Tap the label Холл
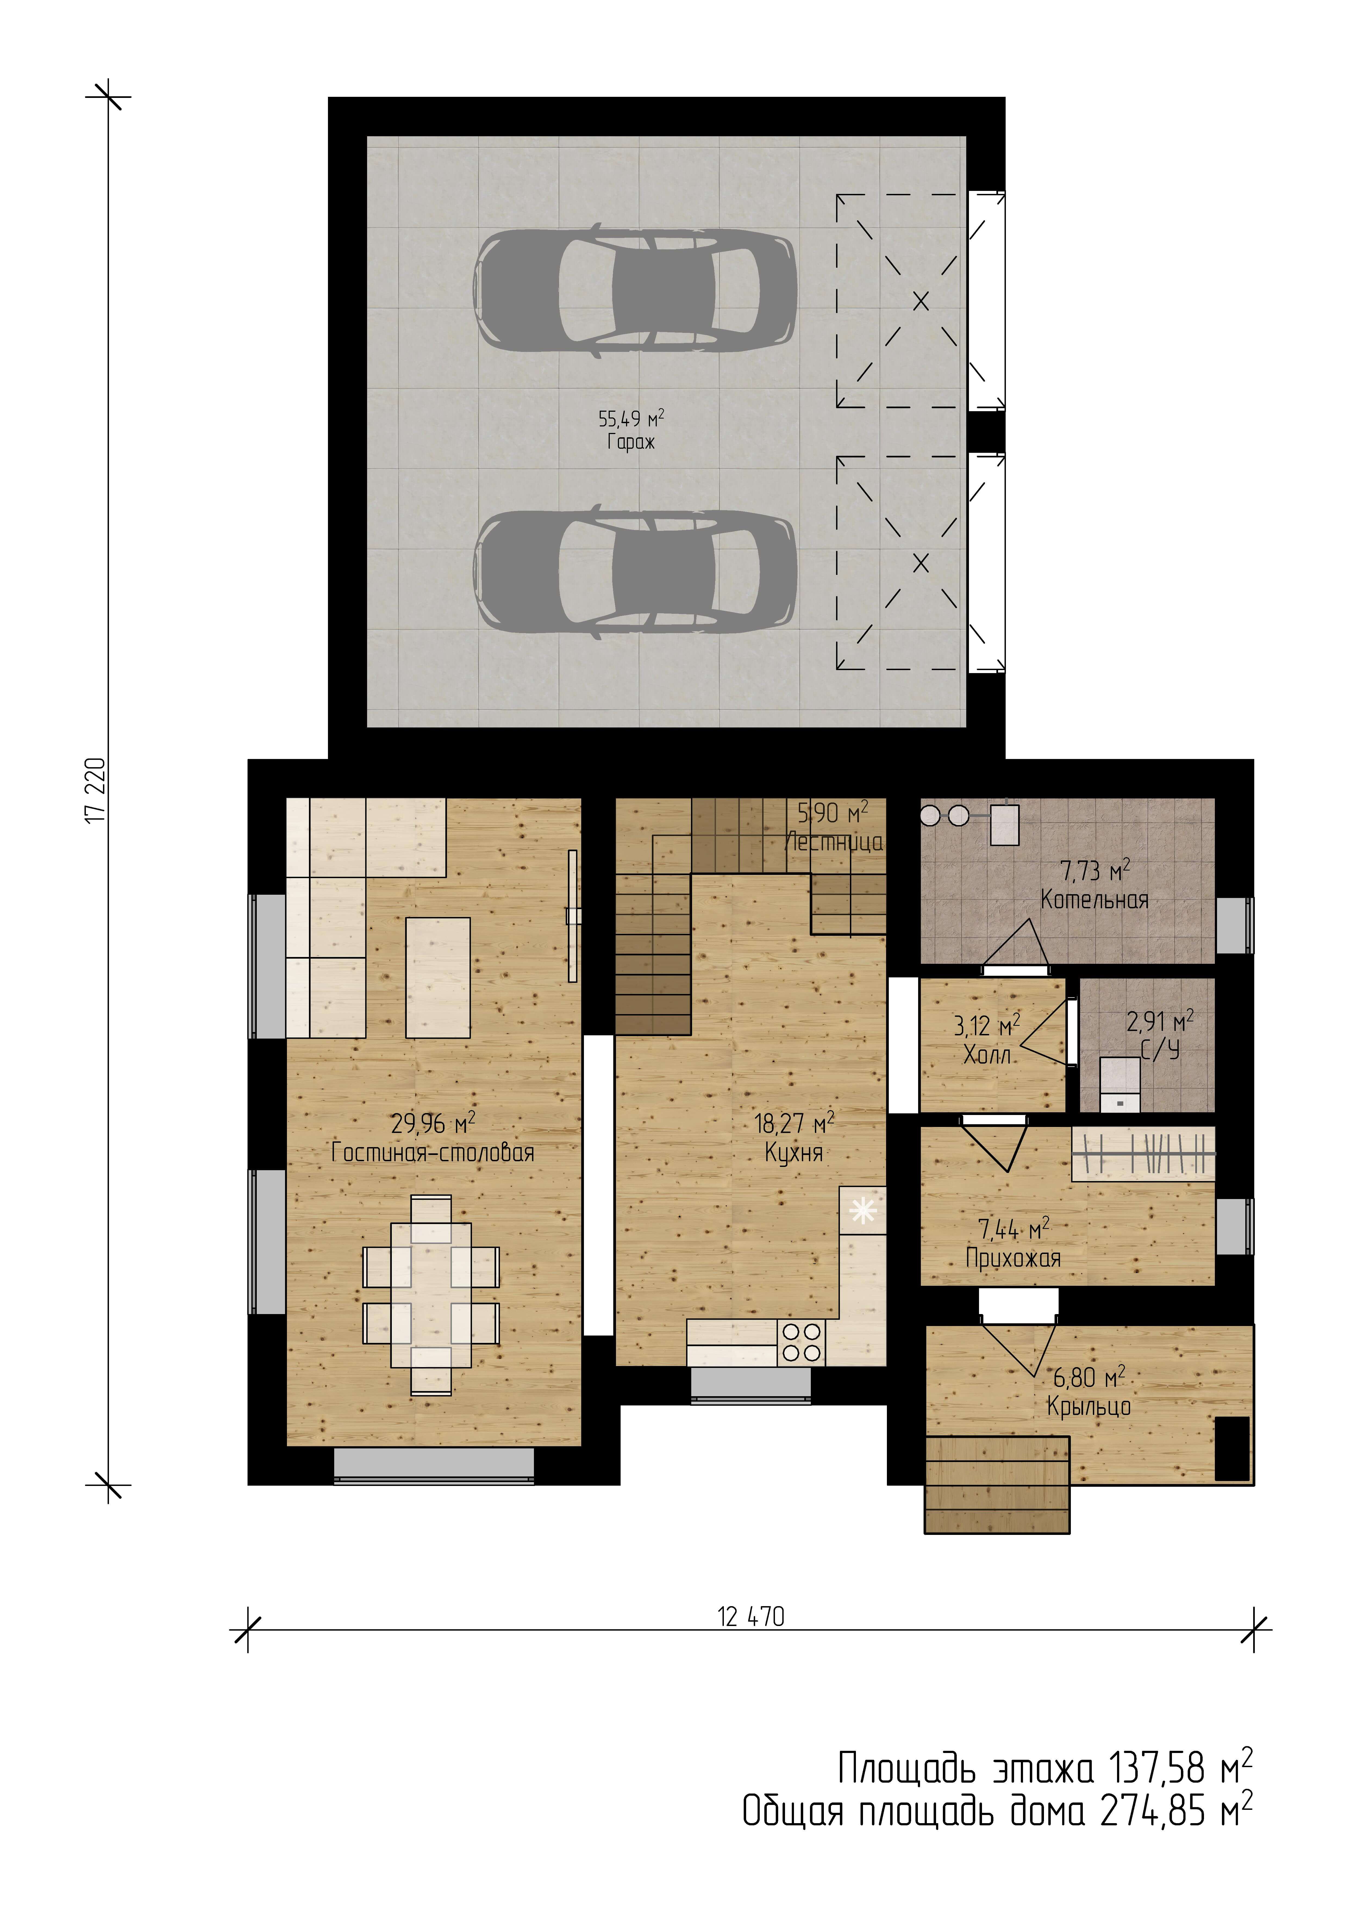pos(987,1055)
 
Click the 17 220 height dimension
pos(96,789)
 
